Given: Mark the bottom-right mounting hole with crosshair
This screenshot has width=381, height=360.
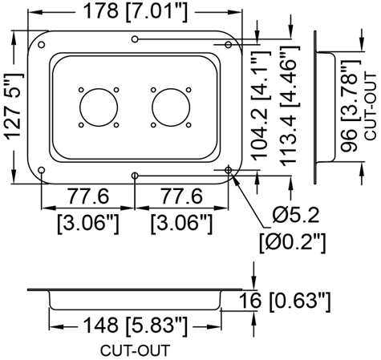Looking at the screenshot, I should pyautogui.click(x=230, y=170).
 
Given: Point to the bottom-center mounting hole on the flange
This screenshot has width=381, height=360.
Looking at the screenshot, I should pyautogui.click(x=136, y=176).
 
